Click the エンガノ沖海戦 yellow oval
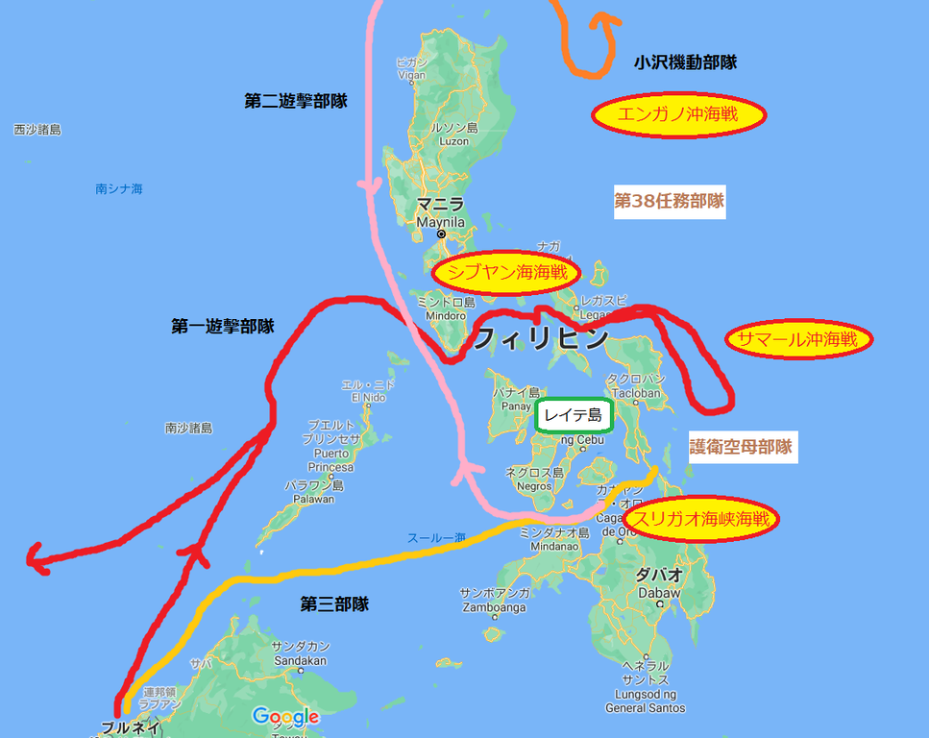(x=678, y=115)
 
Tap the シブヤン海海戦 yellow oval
(x=507, y=273)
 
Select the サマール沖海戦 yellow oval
(x=799, y=339)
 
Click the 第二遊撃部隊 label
(x=296, y=100)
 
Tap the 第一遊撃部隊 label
(x=223, y=327)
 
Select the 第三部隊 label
(x=334, y=604)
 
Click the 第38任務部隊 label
(x=669, y=202)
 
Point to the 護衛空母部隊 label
(x=741, y=447)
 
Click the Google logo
(x=285, y=717)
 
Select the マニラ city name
(x=440, y=205)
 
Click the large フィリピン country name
(x=542, y=338)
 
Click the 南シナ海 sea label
(x=119, y=189)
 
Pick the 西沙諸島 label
(x=37, y=129)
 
